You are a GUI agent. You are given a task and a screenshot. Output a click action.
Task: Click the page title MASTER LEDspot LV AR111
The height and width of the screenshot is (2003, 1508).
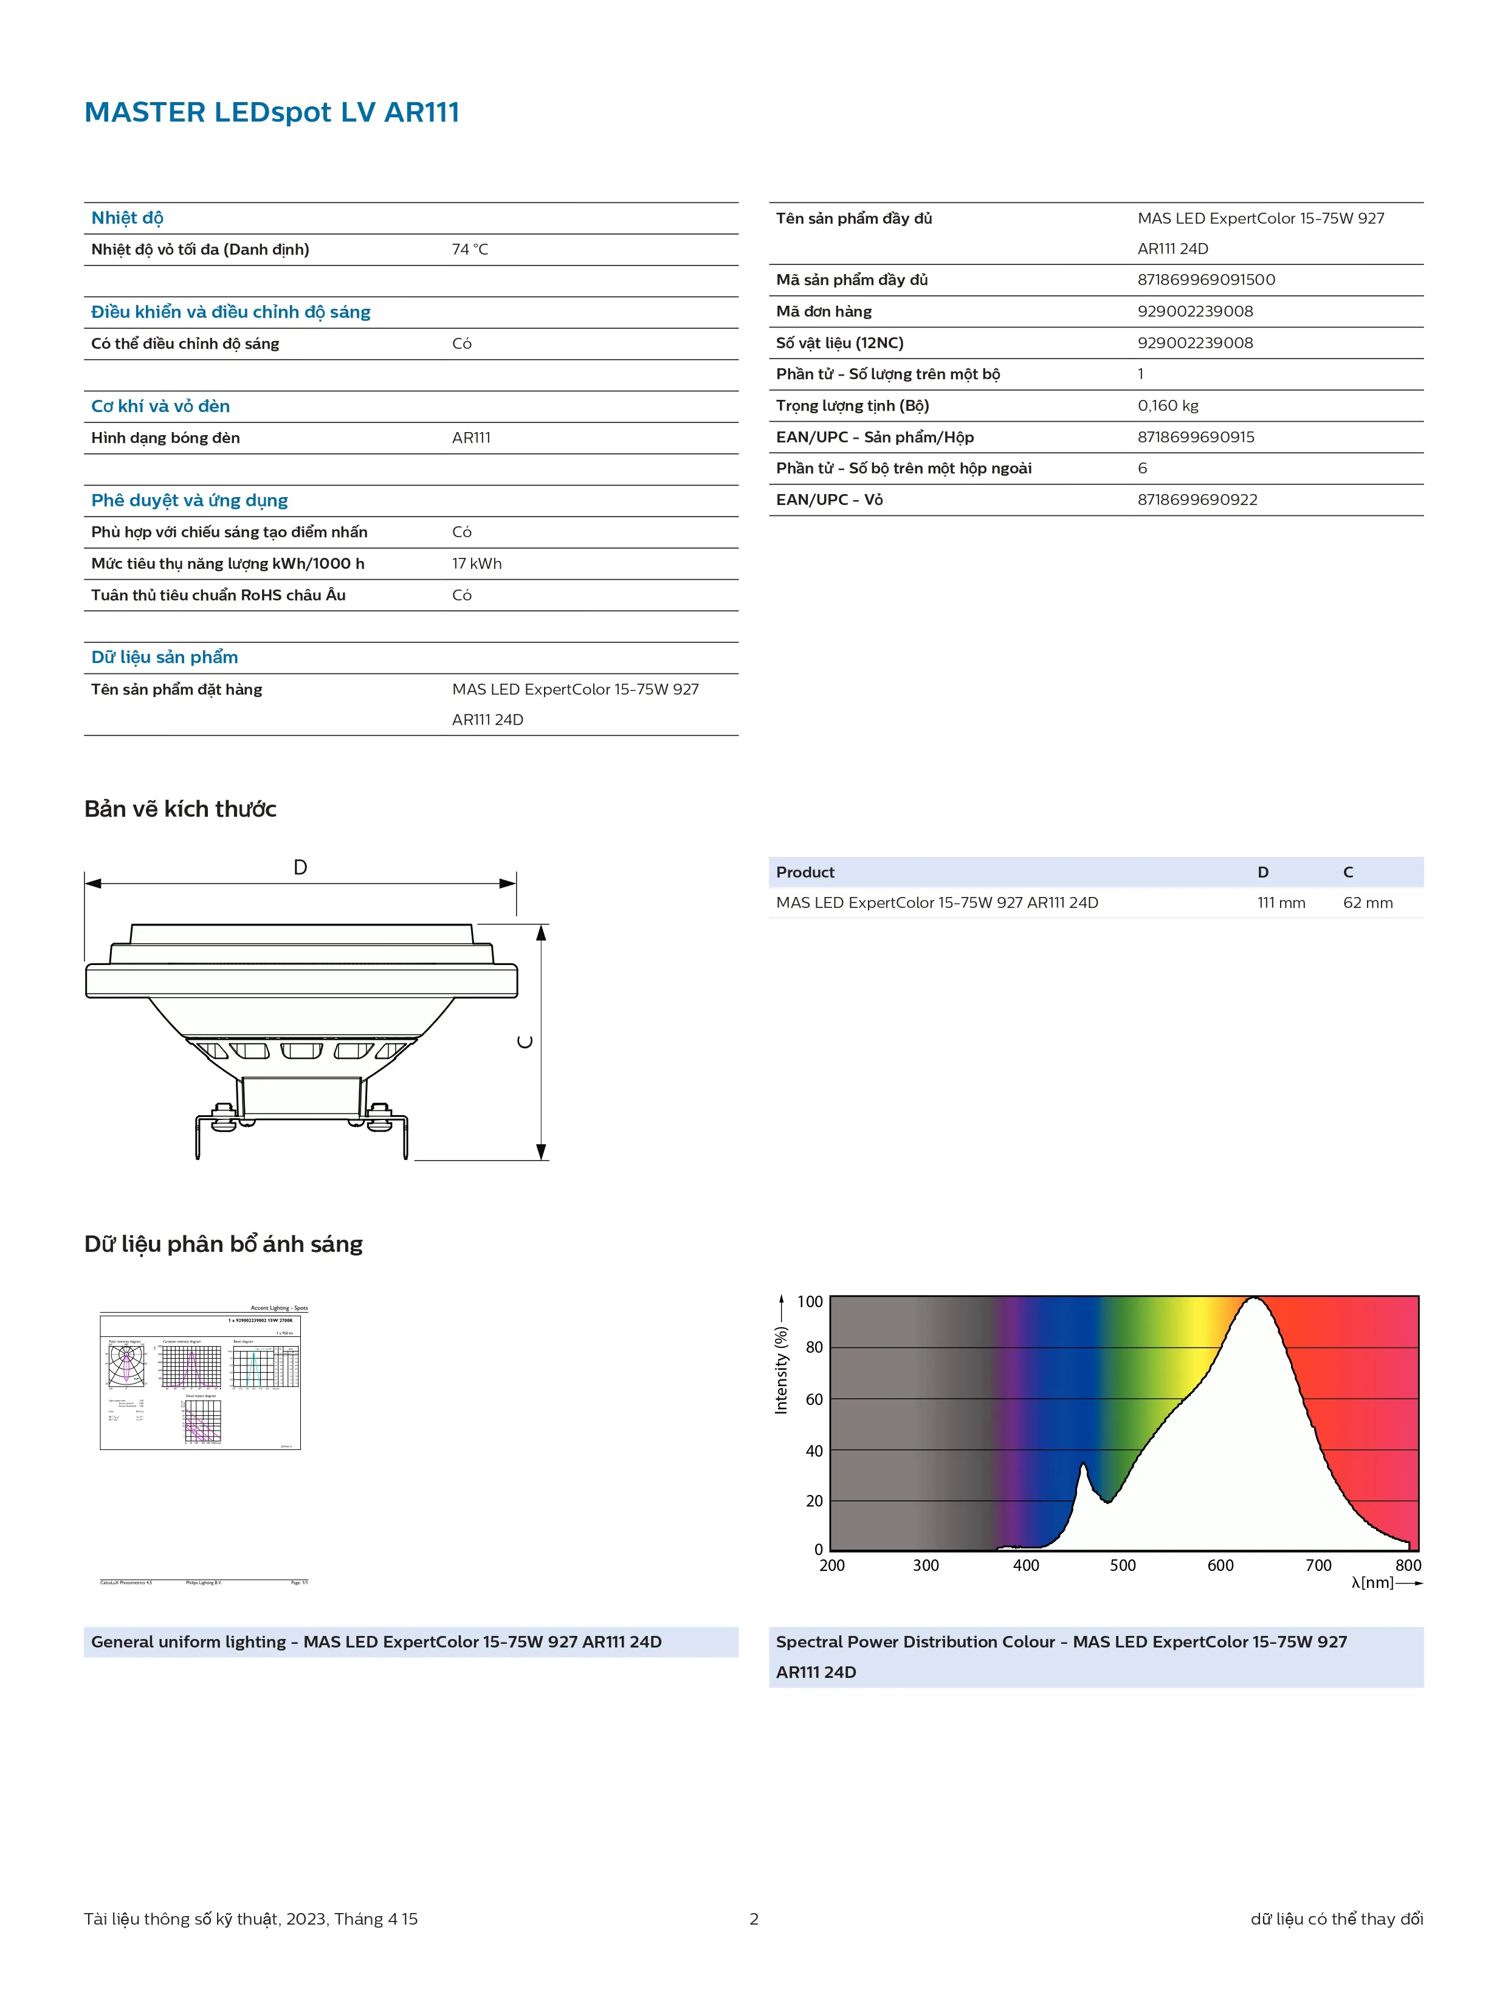[x=272, y=112]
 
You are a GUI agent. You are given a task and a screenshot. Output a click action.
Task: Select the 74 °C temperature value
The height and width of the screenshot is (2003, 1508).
[x=469, y=249]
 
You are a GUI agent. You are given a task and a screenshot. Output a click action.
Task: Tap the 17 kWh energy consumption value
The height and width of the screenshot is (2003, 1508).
[x=477, y=563]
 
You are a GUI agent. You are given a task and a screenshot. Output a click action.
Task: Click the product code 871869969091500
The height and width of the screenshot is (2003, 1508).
[x=1205, y=280]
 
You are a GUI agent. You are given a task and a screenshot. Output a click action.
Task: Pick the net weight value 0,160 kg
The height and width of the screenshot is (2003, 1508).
[x=1168, y=406]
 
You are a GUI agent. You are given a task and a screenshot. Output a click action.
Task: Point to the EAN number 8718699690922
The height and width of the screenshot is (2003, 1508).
[x=1196, y=500]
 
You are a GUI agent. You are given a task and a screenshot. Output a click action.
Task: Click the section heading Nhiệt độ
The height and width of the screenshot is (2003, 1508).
[x=127, y=218]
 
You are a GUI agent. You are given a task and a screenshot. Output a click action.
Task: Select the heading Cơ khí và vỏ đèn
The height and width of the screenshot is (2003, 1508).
[x=160, y=407]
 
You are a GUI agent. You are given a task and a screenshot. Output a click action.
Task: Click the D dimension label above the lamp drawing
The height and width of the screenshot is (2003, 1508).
[x=300, y=867]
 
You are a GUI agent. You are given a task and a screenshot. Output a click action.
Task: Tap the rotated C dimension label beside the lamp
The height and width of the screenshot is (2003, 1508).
[x=525, y=1042]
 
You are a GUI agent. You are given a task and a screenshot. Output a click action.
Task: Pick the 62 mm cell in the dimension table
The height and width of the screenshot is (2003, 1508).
[x=1368, y=903]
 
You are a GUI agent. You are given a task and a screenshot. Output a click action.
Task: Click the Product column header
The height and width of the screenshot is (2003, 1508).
[x=804, y=872]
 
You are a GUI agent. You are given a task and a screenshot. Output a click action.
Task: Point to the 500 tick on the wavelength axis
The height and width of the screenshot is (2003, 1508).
[x=1122, y=1565]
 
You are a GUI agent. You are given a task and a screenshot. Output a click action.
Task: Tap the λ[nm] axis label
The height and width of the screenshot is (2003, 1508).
[x=1372, y=1583]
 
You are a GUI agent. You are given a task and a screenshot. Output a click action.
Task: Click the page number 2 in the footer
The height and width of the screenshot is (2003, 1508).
[x=754, y=1919]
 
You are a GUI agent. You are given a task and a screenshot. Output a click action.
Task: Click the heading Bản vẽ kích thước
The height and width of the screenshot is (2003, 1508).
[x=181, y=809]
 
